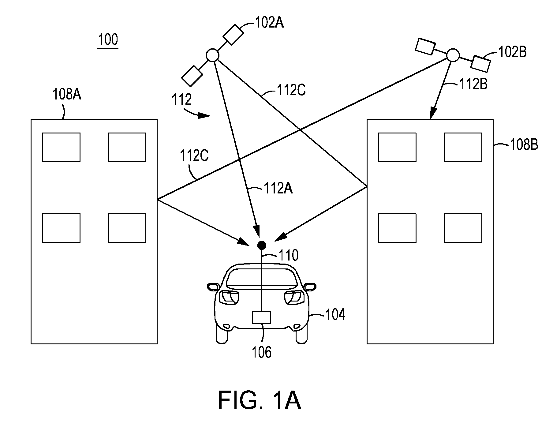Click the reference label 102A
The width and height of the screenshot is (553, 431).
click(269, 22)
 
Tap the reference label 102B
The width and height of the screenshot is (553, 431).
click(513, 52)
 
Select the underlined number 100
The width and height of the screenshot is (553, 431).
click(108, 40)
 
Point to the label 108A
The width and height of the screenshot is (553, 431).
click(67, 94)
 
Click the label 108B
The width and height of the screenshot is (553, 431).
click(524, 144)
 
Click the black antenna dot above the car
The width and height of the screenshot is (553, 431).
click(261, 245)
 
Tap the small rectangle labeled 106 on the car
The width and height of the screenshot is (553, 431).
click(262, 317)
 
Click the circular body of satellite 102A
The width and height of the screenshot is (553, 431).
click(212, 55)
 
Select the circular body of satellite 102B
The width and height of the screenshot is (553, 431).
click(453, 55)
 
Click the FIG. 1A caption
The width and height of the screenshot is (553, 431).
click(260, 401)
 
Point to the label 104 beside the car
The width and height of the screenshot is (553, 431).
click(335, 315)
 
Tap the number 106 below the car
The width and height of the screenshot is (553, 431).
click(262, 352)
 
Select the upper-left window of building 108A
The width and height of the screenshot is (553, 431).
click(61, 147)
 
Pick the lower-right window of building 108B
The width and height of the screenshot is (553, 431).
click(463, 228)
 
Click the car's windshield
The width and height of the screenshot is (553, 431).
click(262, 277)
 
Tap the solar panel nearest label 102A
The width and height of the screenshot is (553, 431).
click(234, 35)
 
